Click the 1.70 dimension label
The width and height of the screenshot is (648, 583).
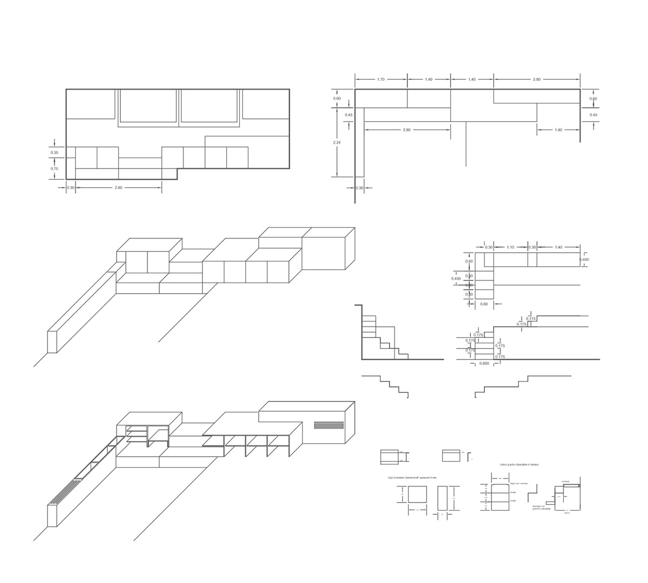[x=380, y=79]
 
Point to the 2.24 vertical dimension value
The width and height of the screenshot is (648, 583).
[x=337, y=143]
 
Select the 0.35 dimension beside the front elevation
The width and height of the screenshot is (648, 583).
[x=55, y=153]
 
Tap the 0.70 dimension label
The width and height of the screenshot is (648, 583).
[x=55, y=169]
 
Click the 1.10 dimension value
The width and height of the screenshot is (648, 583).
[x=510, y=247]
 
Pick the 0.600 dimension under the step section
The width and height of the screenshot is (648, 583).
[x=484, y=363]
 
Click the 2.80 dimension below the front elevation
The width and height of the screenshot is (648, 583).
[x=118, y=188]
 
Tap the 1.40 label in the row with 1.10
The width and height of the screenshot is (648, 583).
[x=558, y=247]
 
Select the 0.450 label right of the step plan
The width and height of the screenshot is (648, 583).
[x=584, y=260]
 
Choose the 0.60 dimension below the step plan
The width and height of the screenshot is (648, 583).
[x=484, y=304]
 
